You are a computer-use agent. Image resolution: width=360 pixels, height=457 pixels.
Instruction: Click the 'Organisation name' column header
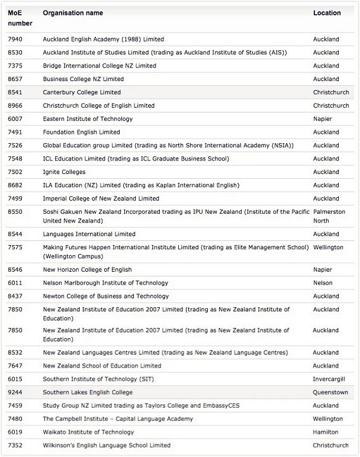click(x=73, y=13)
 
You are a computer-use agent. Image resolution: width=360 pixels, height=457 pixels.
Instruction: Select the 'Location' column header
click(x=327, y=13)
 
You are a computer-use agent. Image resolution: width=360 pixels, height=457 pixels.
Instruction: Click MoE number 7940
click(x=15, y=39)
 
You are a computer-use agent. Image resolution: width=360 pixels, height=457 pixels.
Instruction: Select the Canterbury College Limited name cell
click(x=82, y=92)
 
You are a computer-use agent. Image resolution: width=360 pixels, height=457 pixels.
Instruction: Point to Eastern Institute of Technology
click(x=88, y=119)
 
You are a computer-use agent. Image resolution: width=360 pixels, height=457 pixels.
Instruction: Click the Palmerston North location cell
click(x=329, y=216)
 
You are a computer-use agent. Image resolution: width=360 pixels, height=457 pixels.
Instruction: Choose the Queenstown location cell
click(x=330, y=392)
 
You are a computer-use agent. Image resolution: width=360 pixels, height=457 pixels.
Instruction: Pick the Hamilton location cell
click(x=326, y=432)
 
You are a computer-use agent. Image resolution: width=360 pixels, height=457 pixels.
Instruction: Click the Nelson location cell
click(x=323, y=283)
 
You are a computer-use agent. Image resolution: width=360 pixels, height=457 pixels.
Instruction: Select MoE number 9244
click(x=15, y=392)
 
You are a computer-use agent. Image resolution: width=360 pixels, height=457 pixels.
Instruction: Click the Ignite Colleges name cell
click(x=64, y=172)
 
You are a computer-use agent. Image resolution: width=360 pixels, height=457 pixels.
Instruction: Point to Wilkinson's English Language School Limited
click(x=107, y=445)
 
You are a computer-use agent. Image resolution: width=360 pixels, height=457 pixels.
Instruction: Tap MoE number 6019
click(x=15, y=432)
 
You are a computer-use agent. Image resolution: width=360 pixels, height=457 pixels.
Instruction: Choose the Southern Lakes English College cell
click(x=88, y=392)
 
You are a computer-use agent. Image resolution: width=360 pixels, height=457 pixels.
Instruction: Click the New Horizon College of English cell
click(x=87, y=269)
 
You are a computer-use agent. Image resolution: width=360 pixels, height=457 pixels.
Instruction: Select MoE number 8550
click(x=15, y=211)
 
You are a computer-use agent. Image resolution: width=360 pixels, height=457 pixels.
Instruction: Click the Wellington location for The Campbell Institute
click(x=328, y=419)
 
